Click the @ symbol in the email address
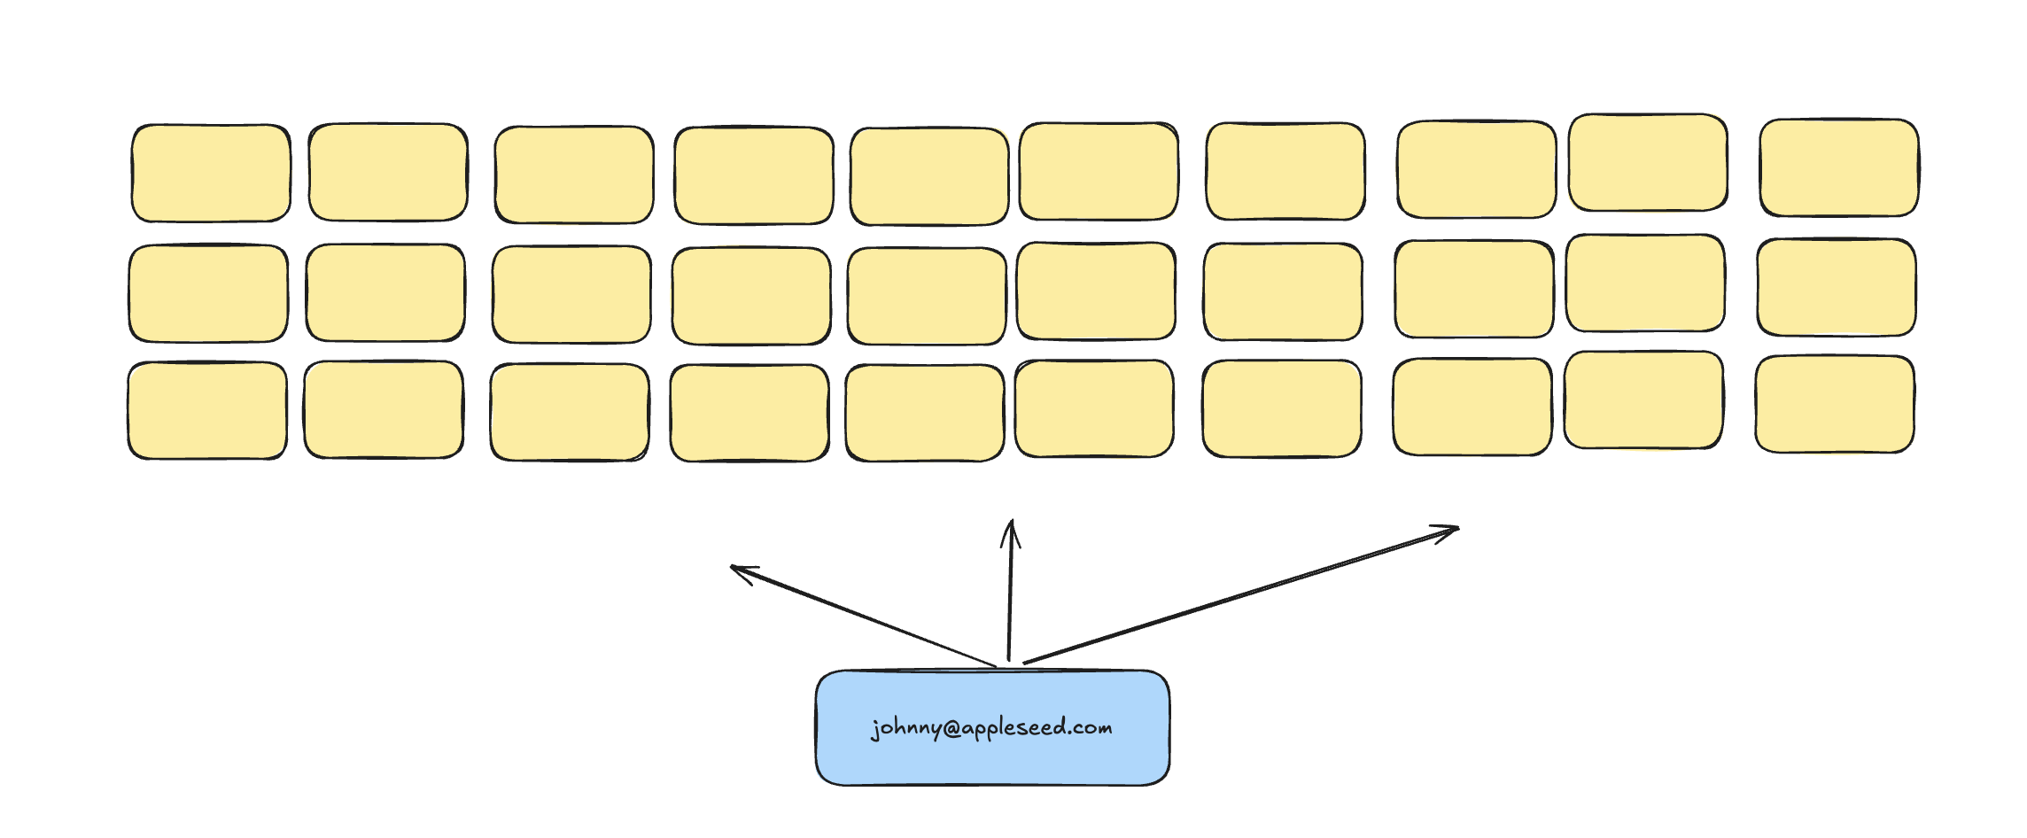tap(951, 729)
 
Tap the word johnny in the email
tap(905, 729)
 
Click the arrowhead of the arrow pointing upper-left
tap(739, 570)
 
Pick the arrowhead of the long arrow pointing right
tap(1449, 531)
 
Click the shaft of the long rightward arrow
tap(1240, 595)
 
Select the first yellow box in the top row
tap(211, 173)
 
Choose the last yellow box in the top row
tap(1839, 167)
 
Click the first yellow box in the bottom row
tap(207, 410)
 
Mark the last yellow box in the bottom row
tap(1835, 404)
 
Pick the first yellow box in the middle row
tap(208, 293)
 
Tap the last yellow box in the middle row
tap(1837, 287)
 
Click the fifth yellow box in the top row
tap(929, 176)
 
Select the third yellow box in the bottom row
tap(570, 413)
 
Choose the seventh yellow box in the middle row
tap(1283, 291)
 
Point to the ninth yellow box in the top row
tap(1648, 162)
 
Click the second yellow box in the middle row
tap(385, 292)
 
